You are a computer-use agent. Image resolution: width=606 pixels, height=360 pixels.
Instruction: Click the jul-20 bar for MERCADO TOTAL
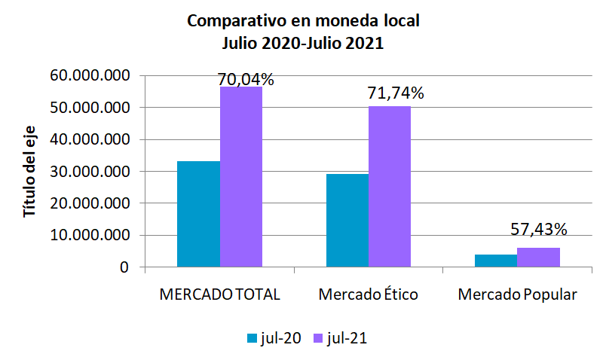pos(198,214)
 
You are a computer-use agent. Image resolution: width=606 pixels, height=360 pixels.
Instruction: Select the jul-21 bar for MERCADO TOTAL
pos(241,177)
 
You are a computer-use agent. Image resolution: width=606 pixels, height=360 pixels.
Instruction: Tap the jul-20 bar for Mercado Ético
pos(347,220)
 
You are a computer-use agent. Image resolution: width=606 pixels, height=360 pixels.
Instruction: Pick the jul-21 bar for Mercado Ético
pos(390,187)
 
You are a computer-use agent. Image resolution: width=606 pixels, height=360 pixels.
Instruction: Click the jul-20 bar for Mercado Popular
pos(495,261)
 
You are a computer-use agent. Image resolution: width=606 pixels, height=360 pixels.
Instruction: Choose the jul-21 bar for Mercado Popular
pos(538,257)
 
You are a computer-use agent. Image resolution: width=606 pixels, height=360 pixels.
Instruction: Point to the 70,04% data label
pos(245,79)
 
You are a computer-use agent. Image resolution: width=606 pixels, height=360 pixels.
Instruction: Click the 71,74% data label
pos(396,93)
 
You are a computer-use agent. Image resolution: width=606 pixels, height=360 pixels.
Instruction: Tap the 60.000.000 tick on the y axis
pos(88,76)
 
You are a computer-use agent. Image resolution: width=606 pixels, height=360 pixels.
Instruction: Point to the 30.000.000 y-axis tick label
pos(88,172)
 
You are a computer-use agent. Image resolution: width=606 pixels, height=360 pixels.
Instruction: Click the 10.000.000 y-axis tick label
pos(88,236)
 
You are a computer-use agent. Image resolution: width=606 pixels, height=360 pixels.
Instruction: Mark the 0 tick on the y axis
pos(124,267)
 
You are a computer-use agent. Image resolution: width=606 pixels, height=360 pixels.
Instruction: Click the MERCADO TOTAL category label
pos(220,294)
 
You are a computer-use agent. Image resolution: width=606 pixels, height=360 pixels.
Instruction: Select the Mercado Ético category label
pos(369,294)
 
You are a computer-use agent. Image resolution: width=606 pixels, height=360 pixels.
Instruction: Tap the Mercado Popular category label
pos(517,294)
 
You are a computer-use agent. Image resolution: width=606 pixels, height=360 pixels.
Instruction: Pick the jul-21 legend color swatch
pos(319,339)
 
